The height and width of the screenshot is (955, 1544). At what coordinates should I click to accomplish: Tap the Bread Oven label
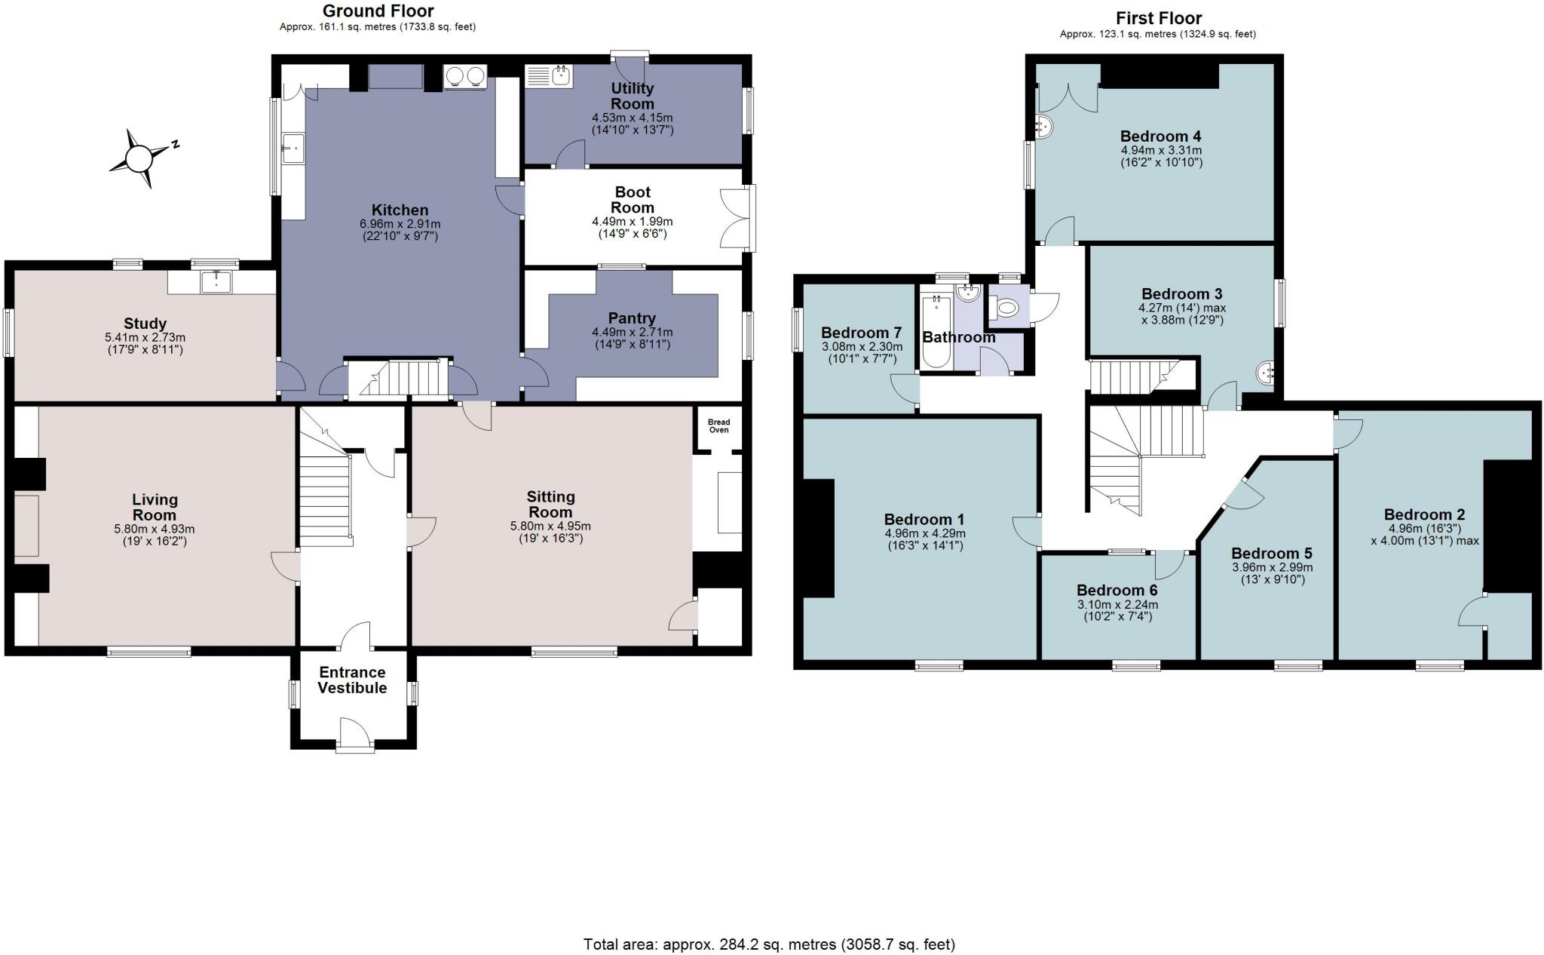718,426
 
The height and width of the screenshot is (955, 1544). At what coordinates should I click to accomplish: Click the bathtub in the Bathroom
936,331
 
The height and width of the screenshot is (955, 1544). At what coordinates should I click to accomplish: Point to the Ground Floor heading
378,11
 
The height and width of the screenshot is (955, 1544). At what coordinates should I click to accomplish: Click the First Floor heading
1159,18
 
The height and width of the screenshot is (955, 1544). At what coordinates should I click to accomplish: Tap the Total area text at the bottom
769,944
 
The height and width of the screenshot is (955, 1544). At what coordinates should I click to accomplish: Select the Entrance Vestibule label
352,680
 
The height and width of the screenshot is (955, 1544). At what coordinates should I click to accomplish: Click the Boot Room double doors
736,218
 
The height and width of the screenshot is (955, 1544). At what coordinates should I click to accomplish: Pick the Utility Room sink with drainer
548,75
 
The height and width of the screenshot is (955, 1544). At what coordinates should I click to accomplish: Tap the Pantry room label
632,318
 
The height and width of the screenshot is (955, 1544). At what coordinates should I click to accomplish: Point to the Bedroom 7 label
861,333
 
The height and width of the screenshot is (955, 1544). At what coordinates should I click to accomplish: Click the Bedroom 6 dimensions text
1117,610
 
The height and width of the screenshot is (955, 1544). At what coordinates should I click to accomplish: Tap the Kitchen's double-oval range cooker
465,76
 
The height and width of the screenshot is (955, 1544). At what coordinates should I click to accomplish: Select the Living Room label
155,507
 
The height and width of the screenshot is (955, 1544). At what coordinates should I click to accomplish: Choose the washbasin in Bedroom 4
1044,127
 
